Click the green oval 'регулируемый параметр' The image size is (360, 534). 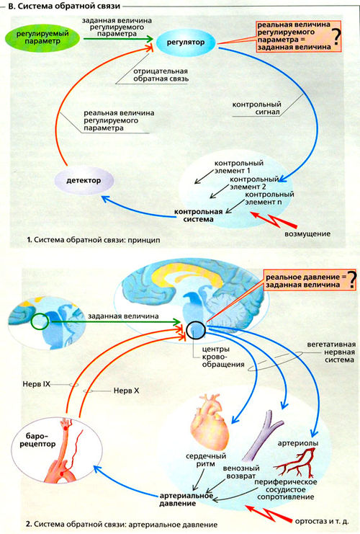click(x=42, y=37)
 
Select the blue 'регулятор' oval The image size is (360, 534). click(x=186, y=43)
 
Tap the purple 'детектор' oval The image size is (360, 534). click(x=84, y=180)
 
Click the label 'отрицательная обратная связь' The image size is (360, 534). click(x=161, y=75)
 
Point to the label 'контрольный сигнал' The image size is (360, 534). click(x=256, y=108)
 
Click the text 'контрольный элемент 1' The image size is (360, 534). click(x=239, y=167)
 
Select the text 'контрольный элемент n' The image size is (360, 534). click(x=269, y=198)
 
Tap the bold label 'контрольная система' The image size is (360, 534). click(x=199, y=215)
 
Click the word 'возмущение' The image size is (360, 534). click(x=307, y=233)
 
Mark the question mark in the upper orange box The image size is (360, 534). click(x=336, y=37)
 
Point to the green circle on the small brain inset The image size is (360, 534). click(x=40, y=321)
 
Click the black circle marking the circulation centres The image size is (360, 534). click(x=196, y=329)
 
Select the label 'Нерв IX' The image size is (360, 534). click(x=37, y=384)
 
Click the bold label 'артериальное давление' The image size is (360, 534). click(x=186, y=499)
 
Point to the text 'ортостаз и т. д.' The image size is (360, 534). click(x=322, y=522)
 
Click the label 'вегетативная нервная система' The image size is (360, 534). click(x=326, y=352)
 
